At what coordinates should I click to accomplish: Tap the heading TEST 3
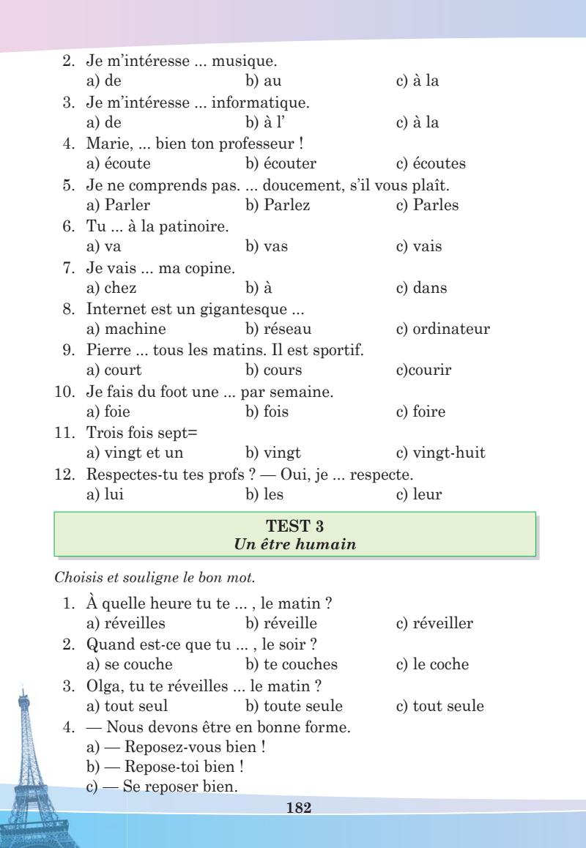click(294, 526)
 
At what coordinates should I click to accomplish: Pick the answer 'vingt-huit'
click(448, 453)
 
